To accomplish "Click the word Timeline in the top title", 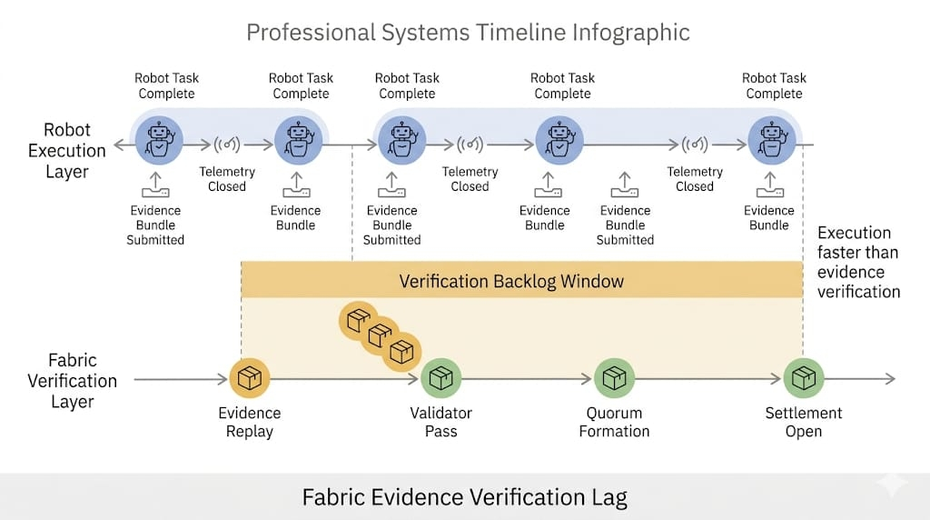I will [518, 33].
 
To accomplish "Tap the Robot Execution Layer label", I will [67, 150].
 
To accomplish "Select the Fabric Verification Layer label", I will [73, 381].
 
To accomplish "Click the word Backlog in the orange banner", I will [521, 281].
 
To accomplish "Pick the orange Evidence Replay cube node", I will [249, 379].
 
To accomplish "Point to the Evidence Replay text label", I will [249, 422].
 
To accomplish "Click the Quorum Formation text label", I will [614, 422].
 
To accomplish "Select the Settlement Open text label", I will [804, 422].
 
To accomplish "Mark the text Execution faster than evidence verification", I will [858, 262].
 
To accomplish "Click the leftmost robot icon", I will [159, 141].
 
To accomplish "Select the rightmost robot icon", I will [772, 141].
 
